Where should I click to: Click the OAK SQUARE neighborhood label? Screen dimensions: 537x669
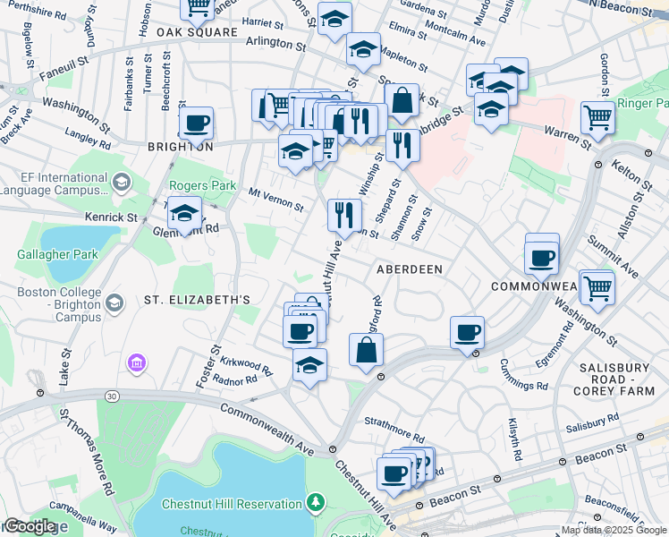pyautogui.click(x=197, y=32)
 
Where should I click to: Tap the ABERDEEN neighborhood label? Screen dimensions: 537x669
pyautogui.click(x=410, y=269)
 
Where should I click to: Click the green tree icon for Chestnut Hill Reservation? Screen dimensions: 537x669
pyautogui.click(x=315, y=502)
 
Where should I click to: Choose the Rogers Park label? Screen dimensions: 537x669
pyautogui.click(x=203, y=186)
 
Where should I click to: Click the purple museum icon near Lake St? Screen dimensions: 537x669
pyautogui.click(x=136, y=363)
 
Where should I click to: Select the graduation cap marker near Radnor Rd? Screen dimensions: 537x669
pyautogui.click(x=309, y=365)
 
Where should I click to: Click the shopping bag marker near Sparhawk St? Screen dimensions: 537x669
pyautogui.click(x=402, y=101)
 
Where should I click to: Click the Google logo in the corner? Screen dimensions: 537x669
pyautogui.click(x=29, y=526)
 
